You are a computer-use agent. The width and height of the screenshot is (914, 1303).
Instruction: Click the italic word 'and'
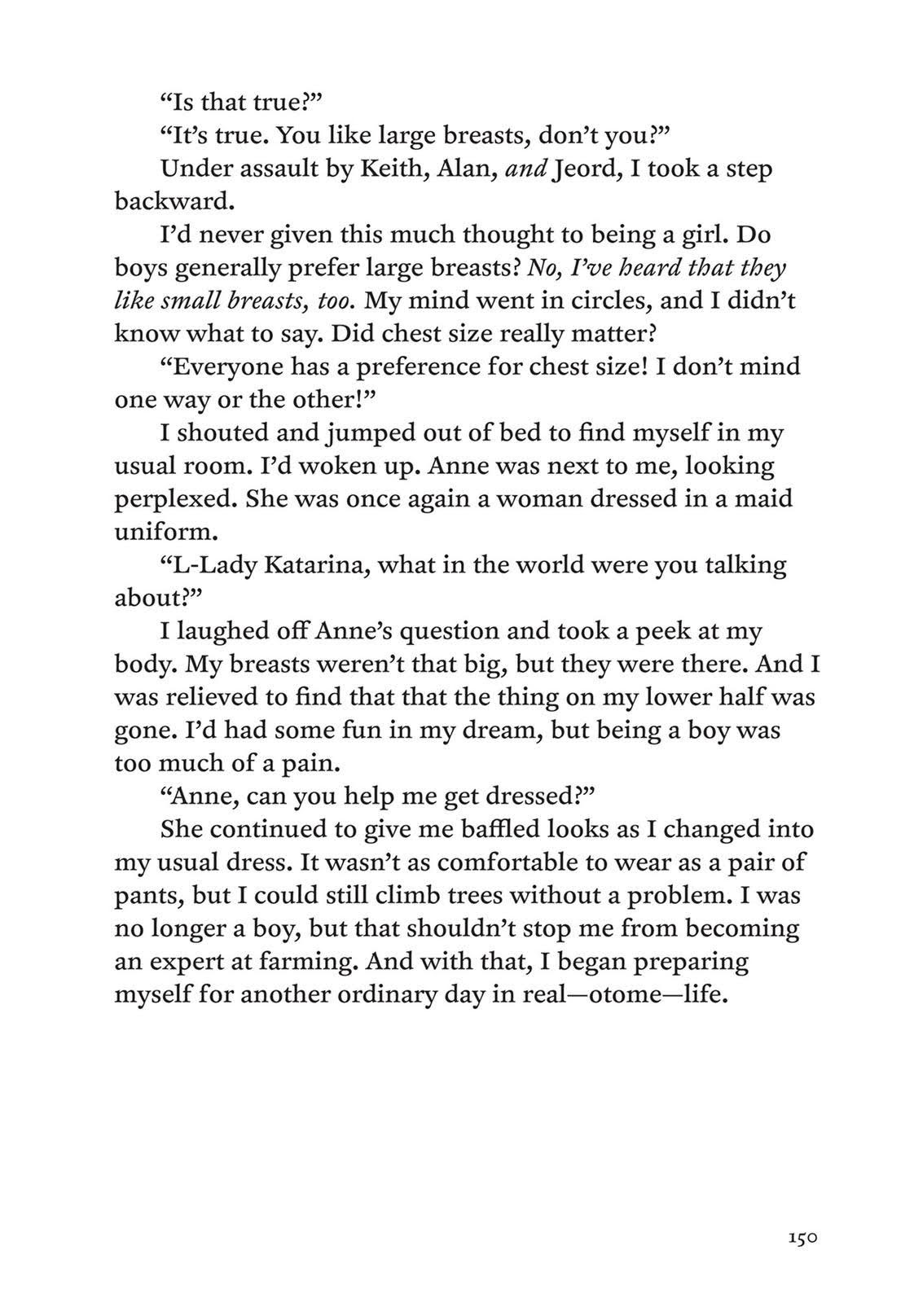(x=525, y=169)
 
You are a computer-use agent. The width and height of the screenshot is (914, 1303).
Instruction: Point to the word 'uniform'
(x=163, y=531)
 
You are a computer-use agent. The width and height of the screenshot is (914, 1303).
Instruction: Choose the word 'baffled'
(x=490, y=829)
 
